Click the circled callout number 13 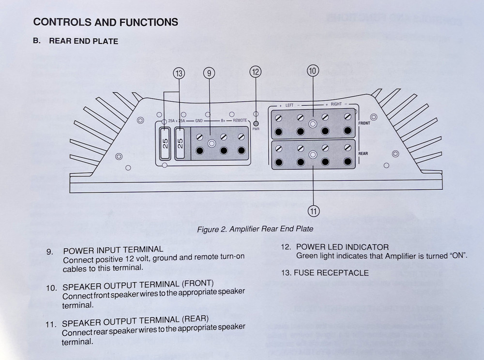point(179,74)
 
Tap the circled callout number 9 point(209,73)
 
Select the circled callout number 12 point(255,72)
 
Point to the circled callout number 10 point(313,71)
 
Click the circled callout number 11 point(313,210)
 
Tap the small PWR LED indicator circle point(256,124)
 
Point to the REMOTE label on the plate point(240,120)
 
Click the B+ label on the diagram point(224,120)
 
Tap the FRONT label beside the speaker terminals point(364,123)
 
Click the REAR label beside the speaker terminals point(363,153)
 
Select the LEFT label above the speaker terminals point(289,105)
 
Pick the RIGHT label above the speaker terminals point(336,105)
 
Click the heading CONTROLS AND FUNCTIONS point(106,22)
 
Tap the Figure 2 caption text point(255,229)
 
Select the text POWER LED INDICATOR point(342,247)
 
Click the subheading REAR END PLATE point(83,41)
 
